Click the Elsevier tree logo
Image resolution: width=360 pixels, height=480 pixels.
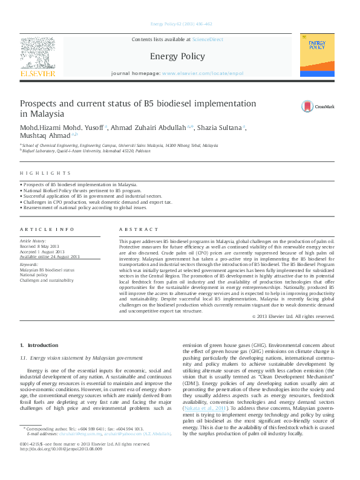[x=38, y=53]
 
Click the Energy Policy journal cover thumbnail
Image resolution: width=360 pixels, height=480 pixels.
[x=317, y=55]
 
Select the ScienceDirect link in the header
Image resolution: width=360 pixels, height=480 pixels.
[x=207, y=40]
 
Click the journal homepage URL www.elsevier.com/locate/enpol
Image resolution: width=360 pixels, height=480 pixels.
[x=203, y=73]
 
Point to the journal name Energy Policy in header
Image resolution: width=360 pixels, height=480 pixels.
[x=177, y=56]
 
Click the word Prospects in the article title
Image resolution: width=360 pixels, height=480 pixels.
[x=41, y=103]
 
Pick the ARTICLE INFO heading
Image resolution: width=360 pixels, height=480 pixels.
[x=47, y=229]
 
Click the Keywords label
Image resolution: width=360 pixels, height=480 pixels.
[x=28, y=265]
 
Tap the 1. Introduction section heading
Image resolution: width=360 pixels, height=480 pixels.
[x=39, y=345]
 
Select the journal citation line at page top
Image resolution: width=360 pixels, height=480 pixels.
[x=180, y=24]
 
